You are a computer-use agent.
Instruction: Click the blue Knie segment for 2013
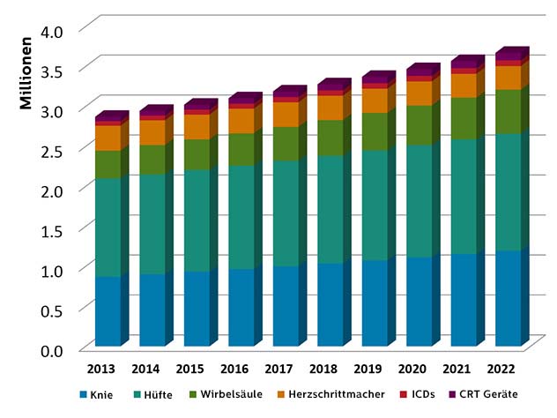[108, 310]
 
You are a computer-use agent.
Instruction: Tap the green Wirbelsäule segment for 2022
[508, 112]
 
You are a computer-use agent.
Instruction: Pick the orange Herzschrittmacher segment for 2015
[197, 127]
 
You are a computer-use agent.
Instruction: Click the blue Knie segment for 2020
[419, 301]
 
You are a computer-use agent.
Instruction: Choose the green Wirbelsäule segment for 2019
[375, 131]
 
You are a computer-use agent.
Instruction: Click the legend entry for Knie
[104, 393]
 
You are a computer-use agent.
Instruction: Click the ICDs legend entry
[418, 393]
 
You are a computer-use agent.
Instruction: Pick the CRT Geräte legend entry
[482, 393]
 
